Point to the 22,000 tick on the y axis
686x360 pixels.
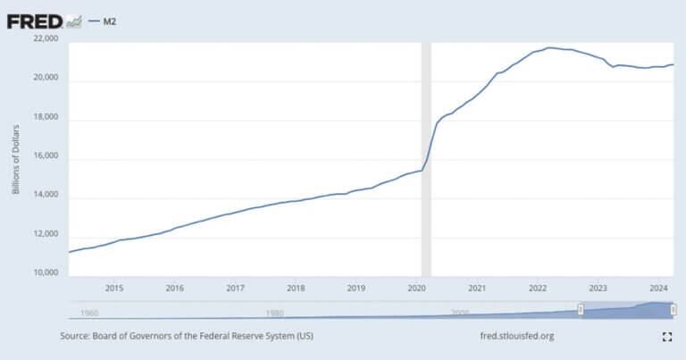tap(46, 39)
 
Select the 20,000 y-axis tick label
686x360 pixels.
tap(46, 79)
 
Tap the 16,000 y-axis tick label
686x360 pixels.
tap(46, 157)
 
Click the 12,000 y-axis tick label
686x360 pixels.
tap(46, 235)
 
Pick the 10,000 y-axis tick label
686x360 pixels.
tap(46, 273)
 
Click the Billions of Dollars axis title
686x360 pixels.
tap(16, 156)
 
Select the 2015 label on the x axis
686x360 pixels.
tap(114, 289)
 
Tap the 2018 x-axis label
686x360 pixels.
tap(296, 289)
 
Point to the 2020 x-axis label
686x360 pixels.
tap(416, 289)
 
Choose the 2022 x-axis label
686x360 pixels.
tap(538, 289)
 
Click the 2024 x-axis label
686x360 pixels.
tap(658, 289)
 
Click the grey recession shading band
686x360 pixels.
tap(426, 161)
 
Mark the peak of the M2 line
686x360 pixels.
tap(550, 47)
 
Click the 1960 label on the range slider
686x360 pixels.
tap(89, 313)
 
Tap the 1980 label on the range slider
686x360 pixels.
tap(274, 313)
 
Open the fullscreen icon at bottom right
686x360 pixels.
tap(666, 337)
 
